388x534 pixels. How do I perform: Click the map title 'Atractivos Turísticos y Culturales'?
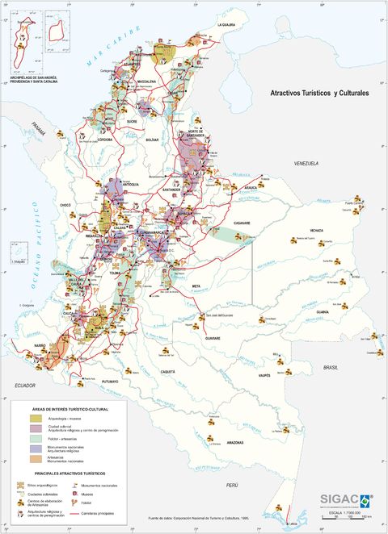point(318,94)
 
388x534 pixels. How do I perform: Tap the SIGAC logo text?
point(338,499)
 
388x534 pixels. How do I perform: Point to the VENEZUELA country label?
point(307,163)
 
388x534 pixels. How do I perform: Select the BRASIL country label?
point(330,367)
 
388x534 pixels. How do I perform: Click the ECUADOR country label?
point(27,386)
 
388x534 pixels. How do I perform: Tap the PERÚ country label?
point(232,484)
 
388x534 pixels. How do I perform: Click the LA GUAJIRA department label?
point(226,25)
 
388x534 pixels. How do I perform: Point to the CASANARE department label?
point(241,223)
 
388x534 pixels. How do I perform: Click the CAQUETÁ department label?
point(168,371)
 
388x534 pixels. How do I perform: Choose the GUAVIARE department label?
point(212,339)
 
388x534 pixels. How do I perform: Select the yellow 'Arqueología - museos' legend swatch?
point(26,419)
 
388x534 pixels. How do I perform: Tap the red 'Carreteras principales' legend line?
point(81,514)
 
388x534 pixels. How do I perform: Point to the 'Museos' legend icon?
point(77,493)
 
